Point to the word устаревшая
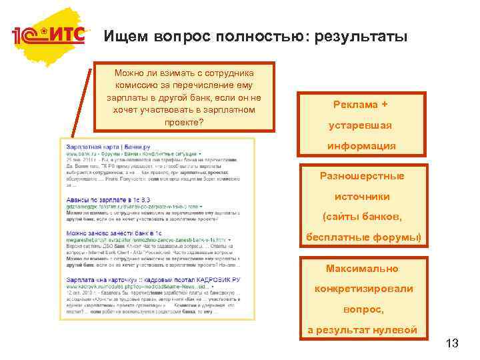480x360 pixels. point(361,125)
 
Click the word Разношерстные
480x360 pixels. point(361,176)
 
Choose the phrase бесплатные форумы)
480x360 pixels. point(363,237)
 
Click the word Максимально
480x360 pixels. point(362,269)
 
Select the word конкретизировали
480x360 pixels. point(363,289)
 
